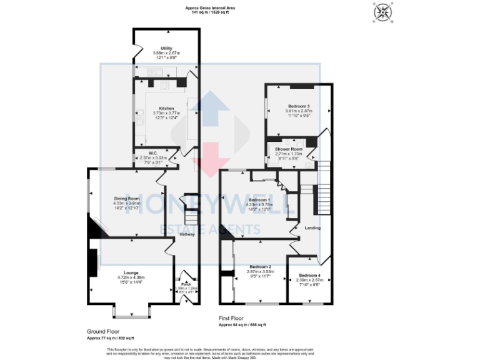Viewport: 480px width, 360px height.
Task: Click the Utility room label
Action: (166, 48)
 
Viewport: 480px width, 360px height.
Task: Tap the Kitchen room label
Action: (166, 108)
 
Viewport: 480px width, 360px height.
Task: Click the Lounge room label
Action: (131, 272)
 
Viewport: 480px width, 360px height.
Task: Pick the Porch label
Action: (186, 283)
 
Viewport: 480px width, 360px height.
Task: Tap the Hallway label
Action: (187, 234)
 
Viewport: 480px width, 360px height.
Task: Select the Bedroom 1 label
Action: (259, 199)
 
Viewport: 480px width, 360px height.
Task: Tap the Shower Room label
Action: (289, 149)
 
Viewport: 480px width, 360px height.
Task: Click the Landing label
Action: (312, 227)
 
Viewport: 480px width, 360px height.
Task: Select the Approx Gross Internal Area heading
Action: (209, 7)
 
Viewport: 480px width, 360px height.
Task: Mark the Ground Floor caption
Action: (103, 331)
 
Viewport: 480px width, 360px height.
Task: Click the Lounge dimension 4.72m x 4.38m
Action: (131, 277)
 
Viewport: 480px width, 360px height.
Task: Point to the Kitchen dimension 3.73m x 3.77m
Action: (166, 113)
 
